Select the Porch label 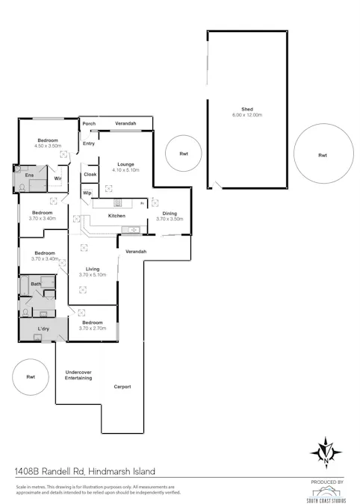point(89,124)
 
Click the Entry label point(88,143)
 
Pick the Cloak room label point(90,174)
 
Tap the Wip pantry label point(87,193)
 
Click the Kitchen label point(117,216)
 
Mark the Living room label point(93,269)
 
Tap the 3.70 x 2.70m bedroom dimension point(93,328)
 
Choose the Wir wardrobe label point(57,178)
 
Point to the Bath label point(35,284)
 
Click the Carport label point(122,386)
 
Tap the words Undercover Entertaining point(78,375)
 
